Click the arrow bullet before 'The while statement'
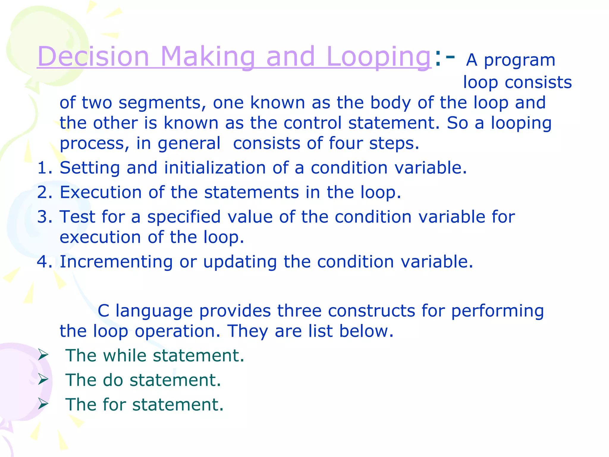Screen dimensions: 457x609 tap(43, 355)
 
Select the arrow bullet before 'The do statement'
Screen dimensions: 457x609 tap(43, 379)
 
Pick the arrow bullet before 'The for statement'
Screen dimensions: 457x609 tap(43, 404)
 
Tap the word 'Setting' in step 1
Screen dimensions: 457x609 tap(90, 168)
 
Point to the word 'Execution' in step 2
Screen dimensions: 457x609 tap(101, 192)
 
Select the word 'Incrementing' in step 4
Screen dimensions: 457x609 tap(116, 262)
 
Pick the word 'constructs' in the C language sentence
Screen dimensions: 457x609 tap(371, 311)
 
